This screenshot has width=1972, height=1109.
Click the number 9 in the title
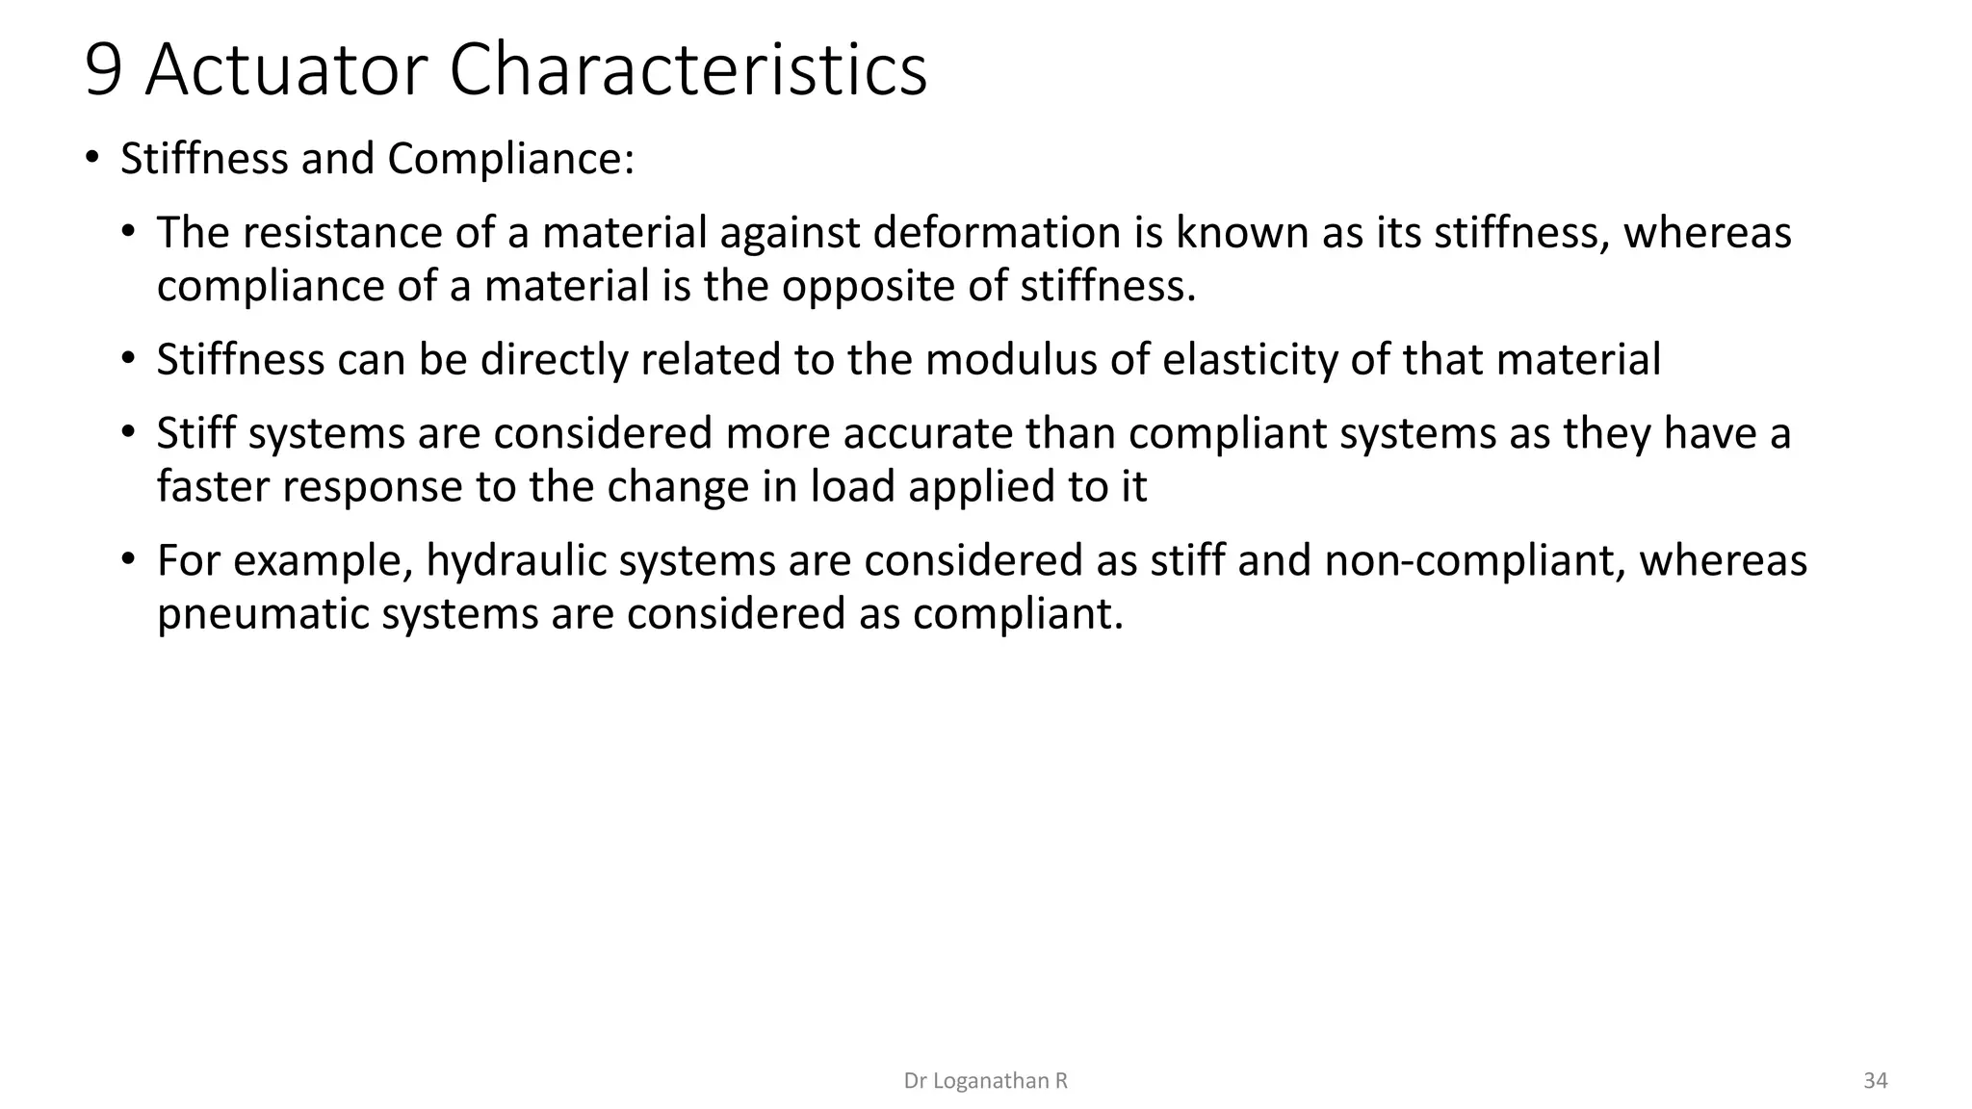[x=104, y=70]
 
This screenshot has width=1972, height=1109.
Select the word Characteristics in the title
[x=688, y=70]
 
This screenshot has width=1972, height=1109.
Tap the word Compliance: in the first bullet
[x=511, y=159]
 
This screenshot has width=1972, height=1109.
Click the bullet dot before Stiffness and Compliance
[x=91, y=157]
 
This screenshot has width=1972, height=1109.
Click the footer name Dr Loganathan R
[x=985, y=1081]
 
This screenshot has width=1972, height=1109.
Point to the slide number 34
[x=1875, y=1081]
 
